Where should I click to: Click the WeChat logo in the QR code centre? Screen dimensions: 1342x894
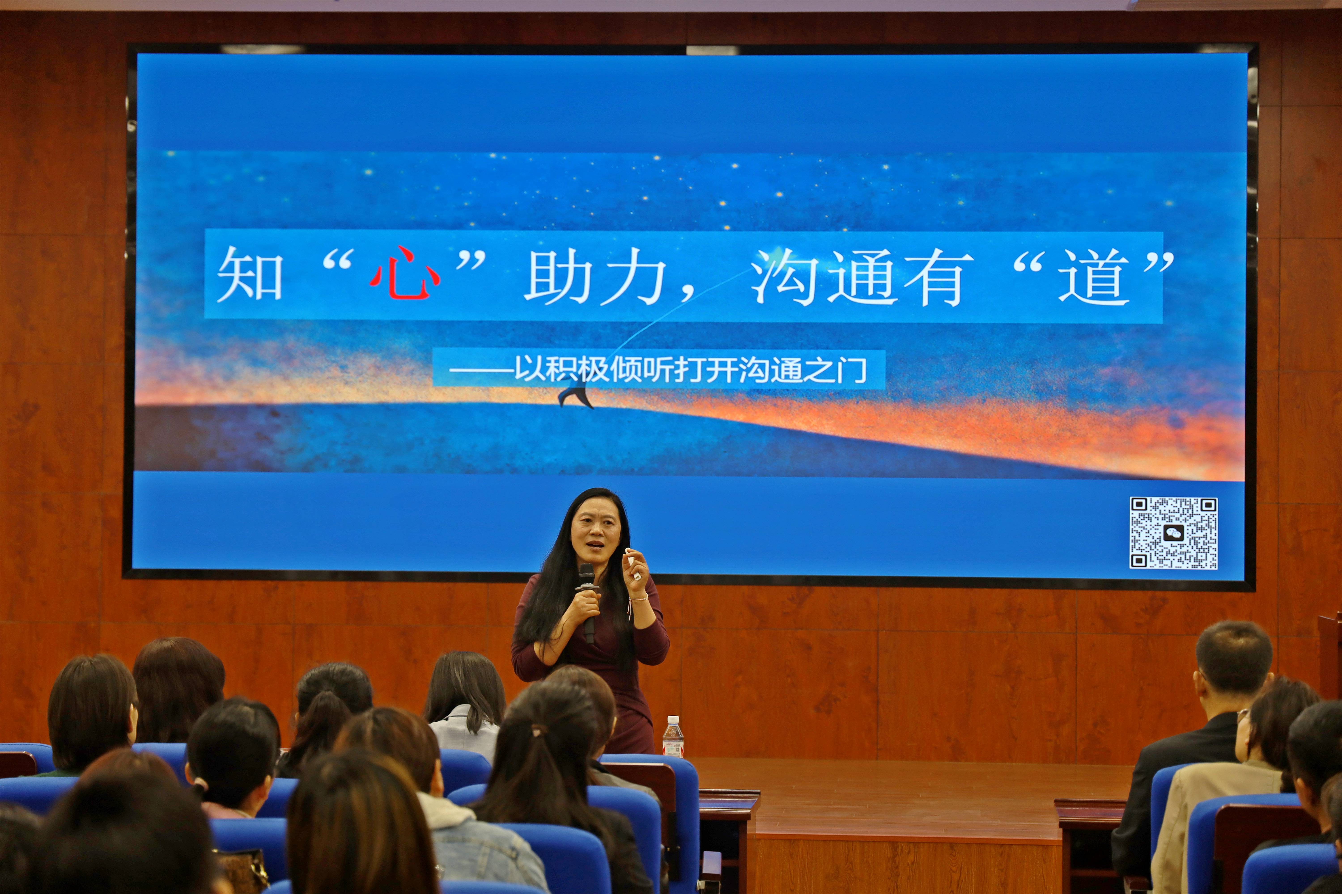pyautogui.click(x=1173, y=533)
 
